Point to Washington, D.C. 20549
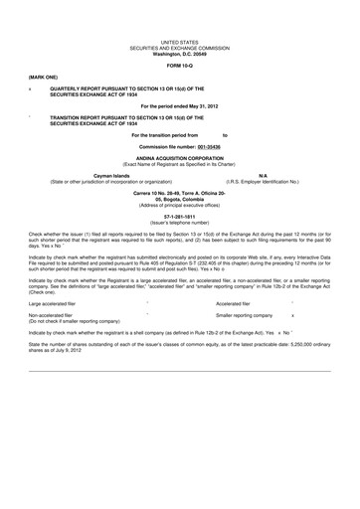(180, 55)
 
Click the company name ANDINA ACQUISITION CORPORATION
(180, 157)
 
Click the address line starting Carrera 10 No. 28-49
(180, 192)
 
